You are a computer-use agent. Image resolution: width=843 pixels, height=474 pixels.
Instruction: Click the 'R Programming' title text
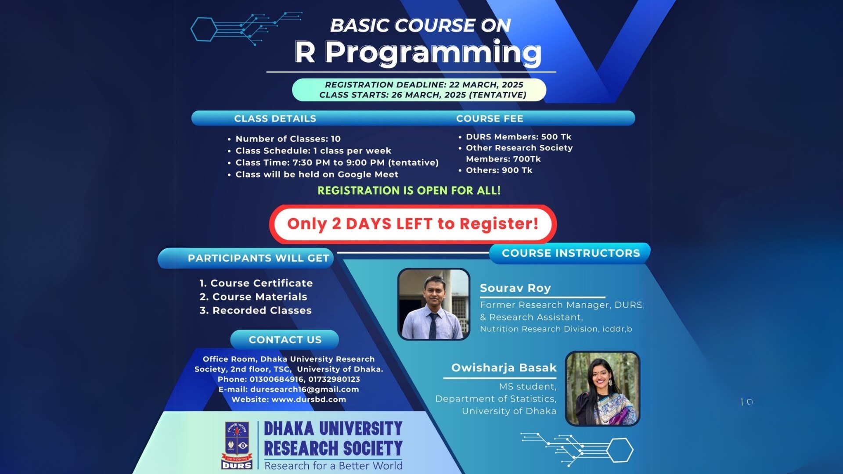[x=418, y=53]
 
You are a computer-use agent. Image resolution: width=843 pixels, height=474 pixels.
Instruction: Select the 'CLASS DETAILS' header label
[x=275, y=118]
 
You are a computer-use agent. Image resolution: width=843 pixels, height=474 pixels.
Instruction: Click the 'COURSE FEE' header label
[x=490, y=118]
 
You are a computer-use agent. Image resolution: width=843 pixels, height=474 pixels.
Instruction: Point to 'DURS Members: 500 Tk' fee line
[x=518, y=137]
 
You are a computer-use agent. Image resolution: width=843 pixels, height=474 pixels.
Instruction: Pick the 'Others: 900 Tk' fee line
[x=499, y=170]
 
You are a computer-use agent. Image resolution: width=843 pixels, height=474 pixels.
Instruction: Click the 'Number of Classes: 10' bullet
[x=288, y=139]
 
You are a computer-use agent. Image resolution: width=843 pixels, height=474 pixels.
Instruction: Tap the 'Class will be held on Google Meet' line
[x=317, y=174]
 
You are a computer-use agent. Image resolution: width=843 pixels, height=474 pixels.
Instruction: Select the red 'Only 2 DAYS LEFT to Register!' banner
[x=413, y=224]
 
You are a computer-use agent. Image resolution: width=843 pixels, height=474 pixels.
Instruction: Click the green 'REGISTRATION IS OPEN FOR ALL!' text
[x=409, y=190]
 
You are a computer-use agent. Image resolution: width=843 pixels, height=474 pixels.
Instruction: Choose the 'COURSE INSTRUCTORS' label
[x=570, y=253]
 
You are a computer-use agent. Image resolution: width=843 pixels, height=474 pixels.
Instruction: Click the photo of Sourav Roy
[x=433, y=304]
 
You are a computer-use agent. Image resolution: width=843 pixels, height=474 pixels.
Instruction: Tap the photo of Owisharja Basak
[x=602, y=388]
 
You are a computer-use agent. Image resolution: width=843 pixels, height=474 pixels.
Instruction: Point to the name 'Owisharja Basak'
[x=504, y=368]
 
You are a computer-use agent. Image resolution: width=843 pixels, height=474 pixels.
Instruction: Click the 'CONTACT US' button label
[x=285, y=340]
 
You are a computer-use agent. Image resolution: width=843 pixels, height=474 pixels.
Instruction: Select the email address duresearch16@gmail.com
[x=304, y=389]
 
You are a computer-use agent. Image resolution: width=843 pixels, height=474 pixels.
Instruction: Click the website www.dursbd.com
[x=308, y=399]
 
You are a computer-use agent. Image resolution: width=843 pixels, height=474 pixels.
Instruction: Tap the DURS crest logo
[x=237, y=445]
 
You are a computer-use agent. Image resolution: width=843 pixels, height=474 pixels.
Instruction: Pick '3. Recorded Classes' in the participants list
[x=256, y=310]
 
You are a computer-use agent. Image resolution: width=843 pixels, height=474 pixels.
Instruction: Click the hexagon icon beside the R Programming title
[x=204, y=29]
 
